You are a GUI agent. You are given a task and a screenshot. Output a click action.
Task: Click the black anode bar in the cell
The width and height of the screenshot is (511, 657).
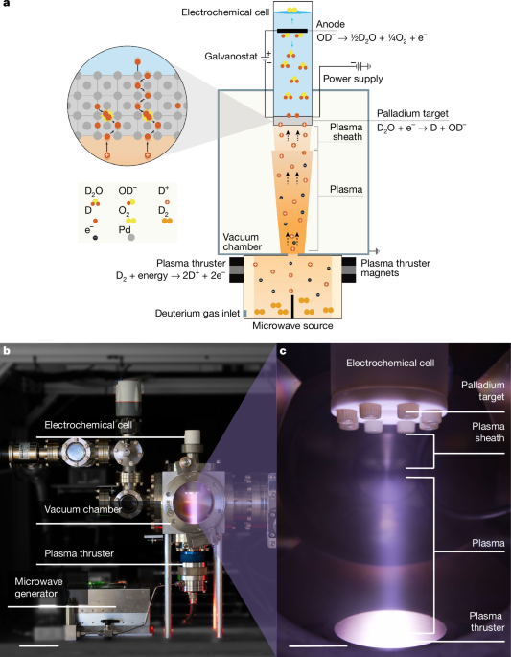click(x=292, y=31)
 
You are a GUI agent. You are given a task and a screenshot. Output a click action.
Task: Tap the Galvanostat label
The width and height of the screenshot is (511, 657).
click(x=231, y=57)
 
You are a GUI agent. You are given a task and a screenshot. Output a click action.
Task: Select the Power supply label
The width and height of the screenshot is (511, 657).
click(x=353, y=79)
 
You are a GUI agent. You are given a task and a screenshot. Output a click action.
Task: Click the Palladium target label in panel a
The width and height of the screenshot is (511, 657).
click(x=412, y=113)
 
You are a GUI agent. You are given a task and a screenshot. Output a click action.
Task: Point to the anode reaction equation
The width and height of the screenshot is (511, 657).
click(x=372, y=37)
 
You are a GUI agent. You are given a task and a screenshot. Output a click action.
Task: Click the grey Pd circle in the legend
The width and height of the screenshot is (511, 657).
click(x=131, y=237)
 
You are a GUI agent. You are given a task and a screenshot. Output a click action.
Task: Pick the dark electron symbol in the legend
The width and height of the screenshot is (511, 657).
click(x=95, y=238)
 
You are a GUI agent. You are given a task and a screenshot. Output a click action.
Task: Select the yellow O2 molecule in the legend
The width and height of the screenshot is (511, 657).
click(x=131, y=221)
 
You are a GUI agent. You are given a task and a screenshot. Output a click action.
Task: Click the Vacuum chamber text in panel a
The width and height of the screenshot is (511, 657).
click(x=243, y=242)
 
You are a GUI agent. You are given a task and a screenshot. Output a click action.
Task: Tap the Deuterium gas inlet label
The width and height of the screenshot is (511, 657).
click(x=197, y=314)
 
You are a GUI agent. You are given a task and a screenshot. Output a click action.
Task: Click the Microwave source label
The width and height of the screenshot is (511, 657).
click(x=292, y=326)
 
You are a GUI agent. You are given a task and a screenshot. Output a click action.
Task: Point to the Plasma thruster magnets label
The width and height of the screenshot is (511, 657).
click(x=395, y=269)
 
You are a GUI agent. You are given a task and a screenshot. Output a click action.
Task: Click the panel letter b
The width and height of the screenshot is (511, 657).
click(x=7, y=350)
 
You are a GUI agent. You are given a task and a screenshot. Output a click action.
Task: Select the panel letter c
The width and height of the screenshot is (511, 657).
click(x=284, y=351)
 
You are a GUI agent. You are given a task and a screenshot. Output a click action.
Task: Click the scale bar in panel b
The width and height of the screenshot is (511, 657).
click(x=39, y=645)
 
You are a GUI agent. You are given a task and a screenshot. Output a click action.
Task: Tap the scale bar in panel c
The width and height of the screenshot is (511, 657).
click(x=318, y=645)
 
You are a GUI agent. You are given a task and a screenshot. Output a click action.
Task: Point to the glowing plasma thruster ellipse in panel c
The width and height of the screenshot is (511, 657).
click(x=390, y=625)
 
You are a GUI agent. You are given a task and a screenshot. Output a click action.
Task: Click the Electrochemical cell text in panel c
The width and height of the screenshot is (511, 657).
click(x=390, y=363)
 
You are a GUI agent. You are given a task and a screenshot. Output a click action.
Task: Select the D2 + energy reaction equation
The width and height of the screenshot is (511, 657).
click(x=171, y=276)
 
